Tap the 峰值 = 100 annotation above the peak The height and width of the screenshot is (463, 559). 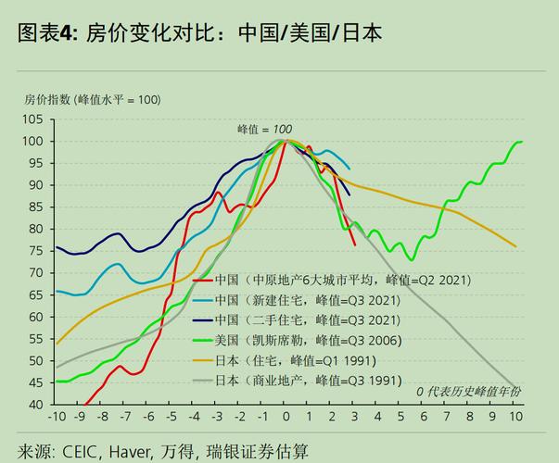click(264, 129)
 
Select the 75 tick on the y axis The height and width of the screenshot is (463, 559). click(34, 251)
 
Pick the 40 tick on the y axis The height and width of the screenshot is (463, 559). click(34, 405)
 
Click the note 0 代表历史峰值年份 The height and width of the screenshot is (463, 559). click(468, 392)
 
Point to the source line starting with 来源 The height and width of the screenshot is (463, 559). click(163, 451)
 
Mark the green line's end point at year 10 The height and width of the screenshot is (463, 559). click(522, 142)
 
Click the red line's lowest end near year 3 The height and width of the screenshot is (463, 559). click(355, 245)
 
